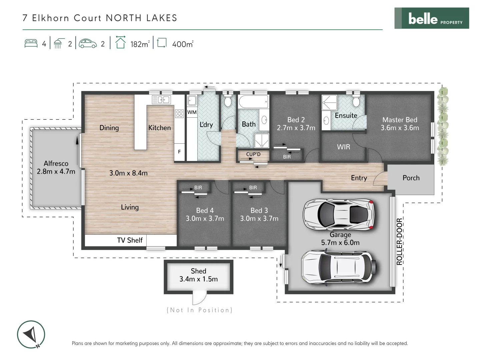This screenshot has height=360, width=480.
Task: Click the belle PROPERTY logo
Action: click(x=432, y=18)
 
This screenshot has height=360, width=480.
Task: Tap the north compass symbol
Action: click(x=31, y=334)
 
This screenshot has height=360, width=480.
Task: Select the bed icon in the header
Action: click(x=31, y=44)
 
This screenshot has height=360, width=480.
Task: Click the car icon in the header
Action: click(x=88, y=44)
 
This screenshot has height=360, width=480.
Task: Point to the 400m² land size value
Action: click(x=182, y=44)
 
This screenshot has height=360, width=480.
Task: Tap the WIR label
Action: click(x=343, y=147)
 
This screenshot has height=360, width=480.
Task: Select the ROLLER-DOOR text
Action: click(x=399, y=241)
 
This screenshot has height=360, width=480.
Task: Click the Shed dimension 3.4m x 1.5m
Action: click(x=198, y=279)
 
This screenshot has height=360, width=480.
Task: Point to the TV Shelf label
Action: click(x=130, y=240)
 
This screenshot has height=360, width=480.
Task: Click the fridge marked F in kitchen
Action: click(x=179, y=152)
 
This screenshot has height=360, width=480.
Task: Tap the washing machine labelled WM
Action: click(x=192, y=112)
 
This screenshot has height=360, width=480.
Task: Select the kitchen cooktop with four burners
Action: click(x=179, y=114)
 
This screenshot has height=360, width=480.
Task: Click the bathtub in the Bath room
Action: click(x=253, y=102)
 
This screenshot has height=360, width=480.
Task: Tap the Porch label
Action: click(x=411, y=178)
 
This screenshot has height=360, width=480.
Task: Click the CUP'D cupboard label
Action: click(x=253, y=154)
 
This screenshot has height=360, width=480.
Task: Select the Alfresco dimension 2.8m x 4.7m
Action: click(x=56, y=172)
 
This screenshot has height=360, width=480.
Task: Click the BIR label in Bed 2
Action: click(x=287, y=157)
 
